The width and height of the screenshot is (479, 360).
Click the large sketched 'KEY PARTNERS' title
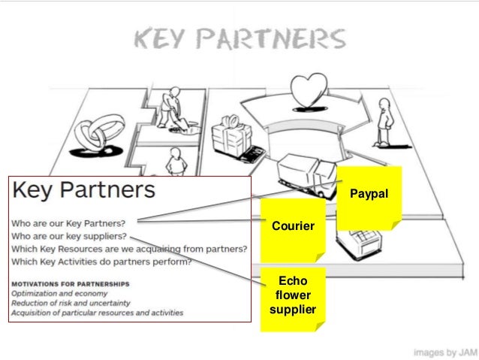pos(239,40)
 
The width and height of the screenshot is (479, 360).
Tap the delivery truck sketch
pos(300,173)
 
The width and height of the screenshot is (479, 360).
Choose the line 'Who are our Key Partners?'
pos(69,223)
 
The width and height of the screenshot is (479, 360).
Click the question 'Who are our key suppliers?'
pos(73,236)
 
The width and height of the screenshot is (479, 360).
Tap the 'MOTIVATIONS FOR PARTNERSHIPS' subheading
pos(70,283)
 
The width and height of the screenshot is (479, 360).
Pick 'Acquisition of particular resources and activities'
pos(96,313)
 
